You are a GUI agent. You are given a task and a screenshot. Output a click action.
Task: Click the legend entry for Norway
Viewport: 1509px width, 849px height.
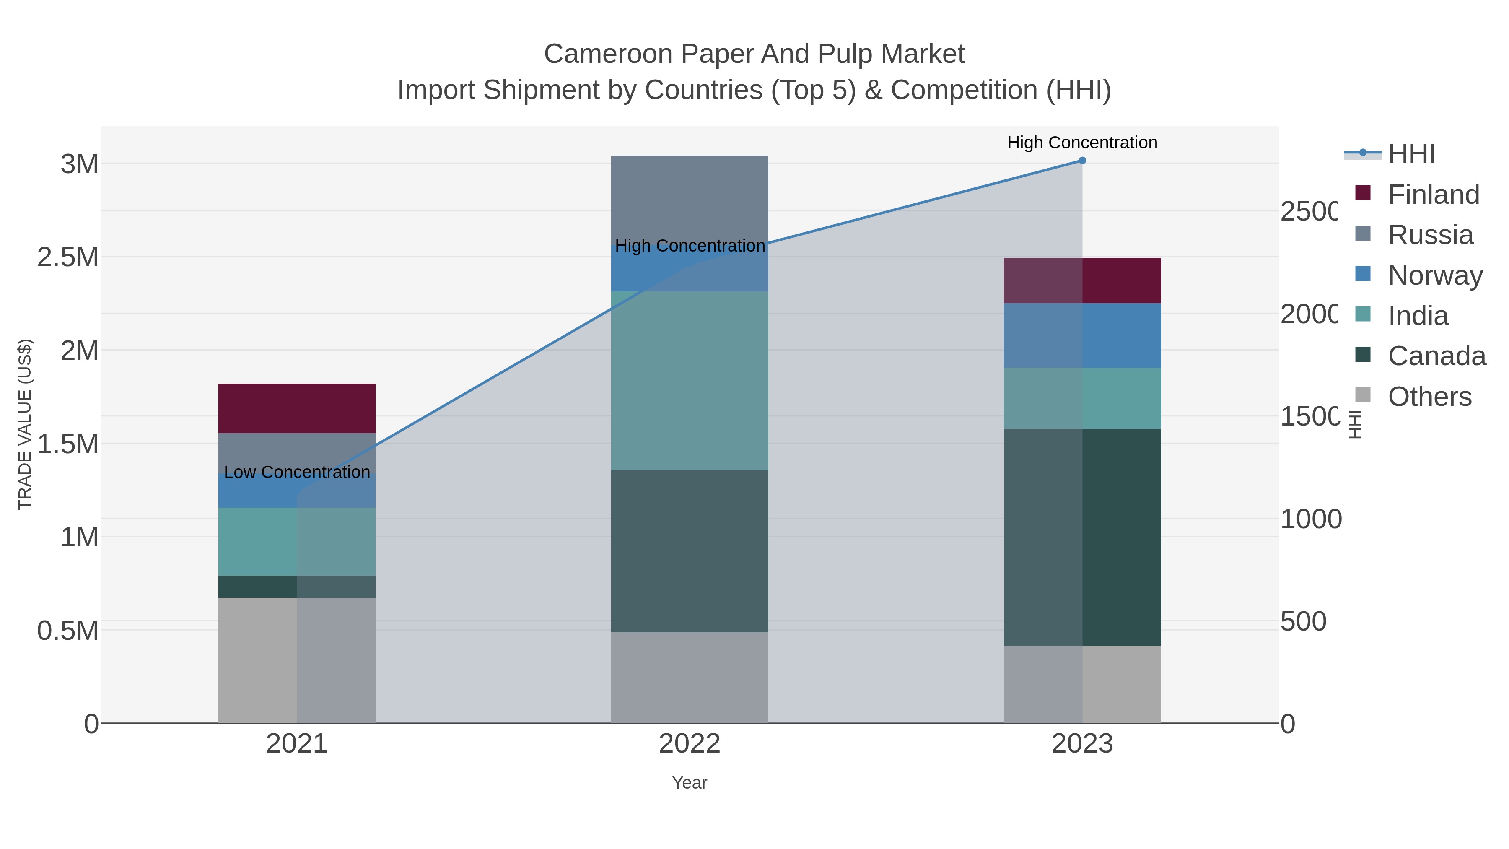point(1435,275)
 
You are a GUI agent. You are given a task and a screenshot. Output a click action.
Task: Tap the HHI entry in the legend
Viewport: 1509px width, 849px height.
point(1411,154)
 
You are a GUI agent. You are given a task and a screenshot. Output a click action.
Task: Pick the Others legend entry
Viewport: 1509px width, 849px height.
point(1429,397)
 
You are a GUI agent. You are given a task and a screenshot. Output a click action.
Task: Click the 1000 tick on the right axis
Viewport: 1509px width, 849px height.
point(1310,519)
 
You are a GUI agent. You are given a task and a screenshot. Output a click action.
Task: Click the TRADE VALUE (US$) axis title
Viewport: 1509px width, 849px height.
point(25,424)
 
